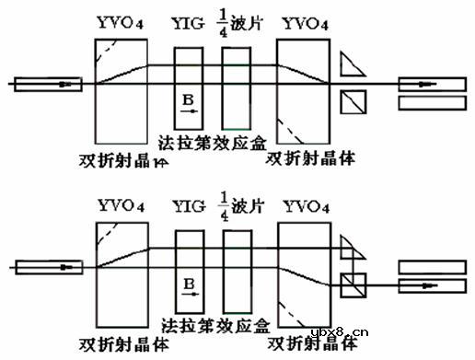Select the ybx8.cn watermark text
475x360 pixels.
click(x=339, y=333)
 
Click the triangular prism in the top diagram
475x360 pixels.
click(x=350, y=64)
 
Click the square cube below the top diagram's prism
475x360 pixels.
click(x=352, y=100)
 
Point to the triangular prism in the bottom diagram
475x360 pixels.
click(x=350, y=246)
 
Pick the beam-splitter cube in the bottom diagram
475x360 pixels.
click(x=352, y=283)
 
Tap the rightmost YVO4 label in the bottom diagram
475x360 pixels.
click(x=303, y=203)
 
